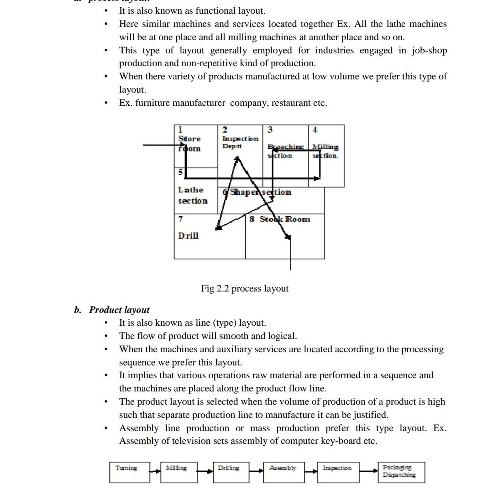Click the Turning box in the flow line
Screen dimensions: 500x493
click(x=130, y=472)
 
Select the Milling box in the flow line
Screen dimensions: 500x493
click(x=178, y=472)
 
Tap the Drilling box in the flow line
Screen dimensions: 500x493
click(x=231, y=472)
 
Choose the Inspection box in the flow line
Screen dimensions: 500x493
click(x=338, y=472)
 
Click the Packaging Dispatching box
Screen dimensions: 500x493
click(x=402, y=472)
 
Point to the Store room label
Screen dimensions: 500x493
click(x=189, y=143)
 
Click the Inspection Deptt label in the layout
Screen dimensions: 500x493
click(x=240, y=142)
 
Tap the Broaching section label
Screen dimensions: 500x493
click(x=285, y=151)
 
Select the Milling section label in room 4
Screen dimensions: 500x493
click(x=325, y=151)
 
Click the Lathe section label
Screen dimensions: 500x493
click(x=193, y=195)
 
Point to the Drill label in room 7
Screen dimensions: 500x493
click(x=188, y=236)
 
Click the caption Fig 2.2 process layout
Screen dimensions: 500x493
click(x=245, y=289)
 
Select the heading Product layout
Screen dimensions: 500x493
click(x=119, y=310)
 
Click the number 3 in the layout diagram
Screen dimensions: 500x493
click(x=270, y=130)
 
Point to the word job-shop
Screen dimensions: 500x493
click(x=429, y=51)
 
